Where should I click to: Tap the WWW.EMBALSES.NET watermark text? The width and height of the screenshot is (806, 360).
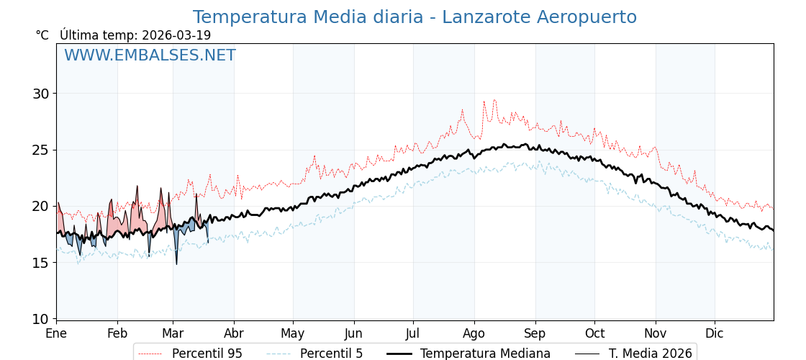point(150,55)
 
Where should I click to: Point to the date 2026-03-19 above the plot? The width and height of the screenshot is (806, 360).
point(176,35)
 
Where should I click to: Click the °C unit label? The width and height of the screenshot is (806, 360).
point(42,35)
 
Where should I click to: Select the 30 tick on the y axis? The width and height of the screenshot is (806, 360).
point(40,94)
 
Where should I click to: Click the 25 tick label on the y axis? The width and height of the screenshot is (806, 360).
point(40,150)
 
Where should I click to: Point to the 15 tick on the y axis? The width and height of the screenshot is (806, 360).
point(40,263)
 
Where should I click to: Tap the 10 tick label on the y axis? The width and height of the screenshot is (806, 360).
point(40,319)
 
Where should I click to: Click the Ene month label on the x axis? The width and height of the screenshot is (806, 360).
point(56,333)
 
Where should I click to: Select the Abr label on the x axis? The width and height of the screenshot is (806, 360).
point(234,333)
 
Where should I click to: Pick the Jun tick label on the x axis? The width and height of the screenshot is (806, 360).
point(354,333)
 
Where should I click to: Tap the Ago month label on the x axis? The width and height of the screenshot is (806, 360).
point(474,333)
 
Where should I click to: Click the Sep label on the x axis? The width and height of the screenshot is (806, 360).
point(535,333)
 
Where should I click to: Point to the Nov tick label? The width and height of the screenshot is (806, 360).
point(656,333)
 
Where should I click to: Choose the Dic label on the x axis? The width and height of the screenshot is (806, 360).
point(715,333)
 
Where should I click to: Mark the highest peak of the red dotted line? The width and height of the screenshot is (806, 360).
point(494,100)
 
